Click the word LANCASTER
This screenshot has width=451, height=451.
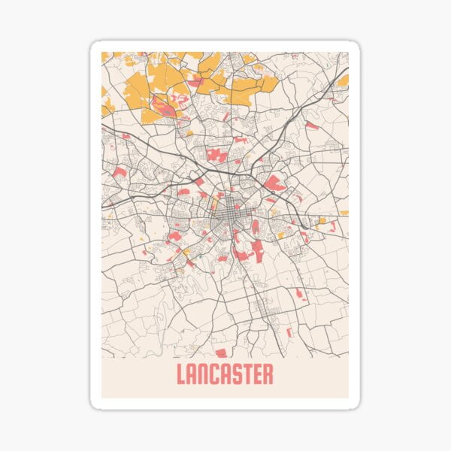pyautogui.click(x=225, y=374)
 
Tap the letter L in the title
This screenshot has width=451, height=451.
pyautogui.click(x=180, y=374)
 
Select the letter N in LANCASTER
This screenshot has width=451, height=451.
pyautogui.click(x=203, y=374)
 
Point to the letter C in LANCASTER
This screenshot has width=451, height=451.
pyautogui.click(x=214, y=374)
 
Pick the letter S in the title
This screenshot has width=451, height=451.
pyautogui.click(x=236, y=374)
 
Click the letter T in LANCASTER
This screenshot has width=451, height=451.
pyautogui.click(x=247, y=374)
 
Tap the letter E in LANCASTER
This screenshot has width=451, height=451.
pyautogui.click(x=257, y=374)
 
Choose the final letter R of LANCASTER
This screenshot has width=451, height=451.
pyautogui.click(x=268, y=374)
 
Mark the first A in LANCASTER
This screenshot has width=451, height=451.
pyautogui.click(x=192, y=374)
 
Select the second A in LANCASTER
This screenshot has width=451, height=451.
pyautogui.click(x=225, y=374)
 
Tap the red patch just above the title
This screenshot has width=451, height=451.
pyautogui.click(x=220, y=352)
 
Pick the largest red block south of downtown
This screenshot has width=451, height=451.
pyautogui.click(x=257, y=250)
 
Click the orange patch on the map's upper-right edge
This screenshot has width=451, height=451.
pyautogui.click(x=343, y=80)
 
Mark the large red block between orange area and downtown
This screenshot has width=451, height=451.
pyautogui.click(x=217, y=155)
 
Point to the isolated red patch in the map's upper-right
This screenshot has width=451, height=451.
pyautogui.click(x=311, y=126)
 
